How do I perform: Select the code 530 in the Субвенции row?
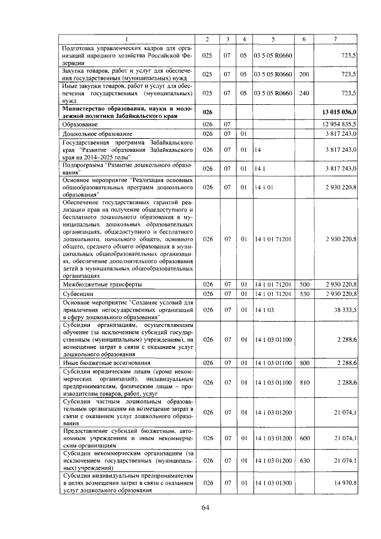[304, 294]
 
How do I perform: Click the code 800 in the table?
[304, 363]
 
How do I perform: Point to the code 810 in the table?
[304, 382]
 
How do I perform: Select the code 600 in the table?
[304, 438]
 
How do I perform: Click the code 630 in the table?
[304, 460]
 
